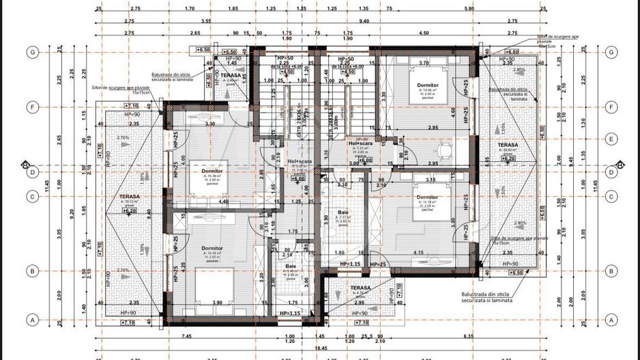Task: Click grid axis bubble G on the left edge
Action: pyautogui.click(x=31, y=52)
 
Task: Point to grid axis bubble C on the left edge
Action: pyautogui.click(x=31, y=197)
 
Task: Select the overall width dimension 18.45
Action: pyautogui.click(x=320, y=348)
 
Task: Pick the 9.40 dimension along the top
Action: pyautogui.click(x=364, y=21)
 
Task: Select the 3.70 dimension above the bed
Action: pyautogui.click(x=423, y=63)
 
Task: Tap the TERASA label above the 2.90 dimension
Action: pyautogui.click(x=361, y=288)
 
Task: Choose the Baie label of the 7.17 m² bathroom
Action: pyautogui.click(x=343, y=212)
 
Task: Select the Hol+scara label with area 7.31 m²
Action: pyautogui.click(x=360, y=143)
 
